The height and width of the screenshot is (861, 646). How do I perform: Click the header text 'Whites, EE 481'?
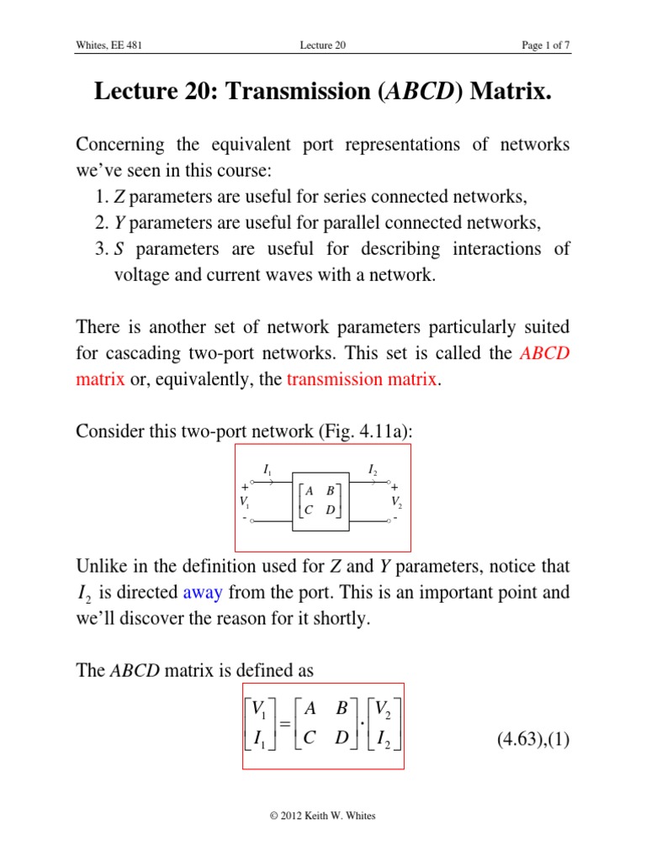[x=109, y=45]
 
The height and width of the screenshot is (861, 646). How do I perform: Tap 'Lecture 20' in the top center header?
[x=323, y=45]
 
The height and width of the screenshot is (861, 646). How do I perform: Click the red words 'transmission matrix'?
[x=362, y=379]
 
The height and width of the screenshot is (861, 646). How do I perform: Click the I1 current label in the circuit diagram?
[x=267, y=470]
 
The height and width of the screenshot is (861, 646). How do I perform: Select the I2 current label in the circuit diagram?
[x=373, y=470]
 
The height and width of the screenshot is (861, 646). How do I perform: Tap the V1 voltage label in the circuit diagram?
[x=243, y=503]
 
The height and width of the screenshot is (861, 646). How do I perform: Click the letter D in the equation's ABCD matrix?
[x=342, y=741]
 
